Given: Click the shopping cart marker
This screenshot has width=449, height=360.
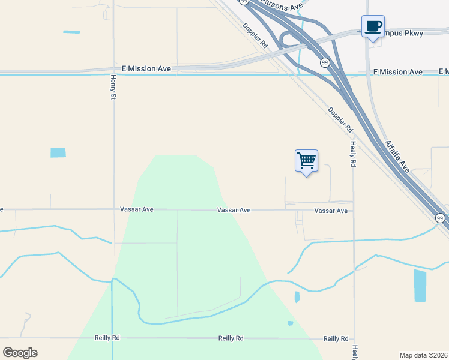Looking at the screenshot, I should coord(306,161).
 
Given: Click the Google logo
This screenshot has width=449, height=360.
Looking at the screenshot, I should coord(20,353).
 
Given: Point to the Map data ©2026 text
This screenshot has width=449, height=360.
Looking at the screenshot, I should coord(424,355).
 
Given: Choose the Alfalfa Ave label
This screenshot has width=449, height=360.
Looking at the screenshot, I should coord(397,157).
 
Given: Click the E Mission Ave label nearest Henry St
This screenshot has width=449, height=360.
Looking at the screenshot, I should coord(146,69).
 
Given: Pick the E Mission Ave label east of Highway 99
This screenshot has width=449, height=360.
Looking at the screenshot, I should coord(397,72).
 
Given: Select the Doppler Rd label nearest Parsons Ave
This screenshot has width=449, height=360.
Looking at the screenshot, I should coord(255,35).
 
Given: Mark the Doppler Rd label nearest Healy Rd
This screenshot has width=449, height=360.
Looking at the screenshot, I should coord(340,119).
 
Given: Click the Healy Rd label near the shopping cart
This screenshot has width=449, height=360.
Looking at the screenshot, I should coord(353,154).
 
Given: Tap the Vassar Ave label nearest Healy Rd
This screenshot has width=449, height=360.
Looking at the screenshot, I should coord(331,211).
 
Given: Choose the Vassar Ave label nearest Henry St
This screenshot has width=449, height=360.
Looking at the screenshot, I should coord(137,210).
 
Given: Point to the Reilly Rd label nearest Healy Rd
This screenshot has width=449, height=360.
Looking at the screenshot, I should coord(336,339).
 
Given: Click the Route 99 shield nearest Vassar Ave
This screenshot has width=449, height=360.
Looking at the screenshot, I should coord(440,217).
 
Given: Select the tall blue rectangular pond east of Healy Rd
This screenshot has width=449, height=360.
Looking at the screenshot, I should coord(420,286).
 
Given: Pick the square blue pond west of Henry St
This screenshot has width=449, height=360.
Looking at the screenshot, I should coord(58,152).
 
